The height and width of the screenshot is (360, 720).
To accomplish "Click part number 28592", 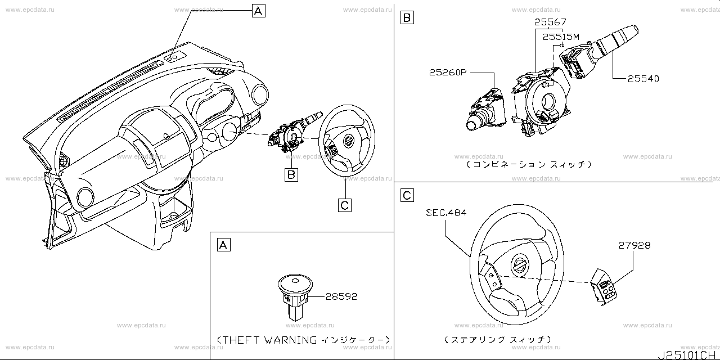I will click(341, 296).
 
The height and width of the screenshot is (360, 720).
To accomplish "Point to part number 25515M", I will click(561, 37).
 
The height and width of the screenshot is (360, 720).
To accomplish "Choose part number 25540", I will click(641, 79).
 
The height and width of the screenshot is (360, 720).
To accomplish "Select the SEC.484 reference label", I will click(446, 213).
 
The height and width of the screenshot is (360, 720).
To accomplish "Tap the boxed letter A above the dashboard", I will click(258, 10).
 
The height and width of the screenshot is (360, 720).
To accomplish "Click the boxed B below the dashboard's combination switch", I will click(291, 175).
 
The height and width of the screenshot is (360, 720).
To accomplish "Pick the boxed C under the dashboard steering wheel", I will click(345, 205).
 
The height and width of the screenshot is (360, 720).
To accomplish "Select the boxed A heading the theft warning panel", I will click(223, 245).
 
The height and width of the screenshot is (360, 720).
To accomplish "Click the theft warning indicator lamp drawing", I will click(295, 296).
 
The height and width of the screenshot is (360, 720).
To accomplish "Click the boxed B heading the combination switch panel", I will click(407, 18).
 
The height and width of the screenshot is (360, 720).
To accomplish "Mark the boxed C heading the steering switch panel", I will click(407, 195).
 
